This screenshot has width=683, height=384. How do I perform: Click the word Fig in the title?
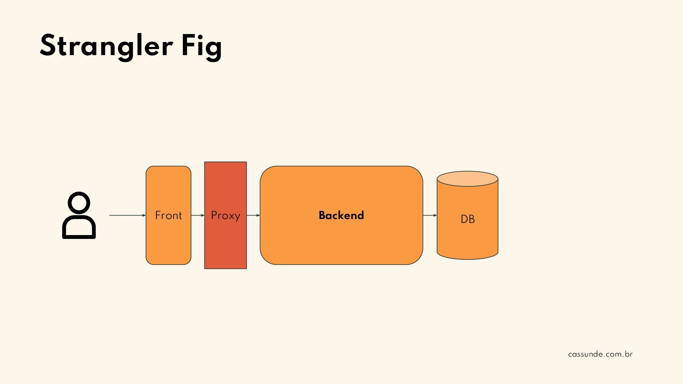(202, 46)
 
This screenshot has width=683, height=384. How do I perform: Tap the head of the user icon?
(79, 203)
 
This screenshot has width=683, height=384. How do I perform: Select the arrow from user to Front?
(126, 215)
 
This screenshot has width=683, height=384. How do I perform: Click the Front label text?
(168, 215)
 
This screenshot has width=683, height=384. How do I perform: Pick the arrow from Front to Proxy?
(197, 215)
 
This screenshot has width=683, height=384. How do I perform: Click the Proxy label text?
(226, 215)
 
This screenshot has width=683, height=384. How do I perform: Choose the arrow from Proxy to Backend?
(253, 215)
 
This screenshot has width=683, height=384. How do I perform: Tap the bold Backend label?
(341, 215)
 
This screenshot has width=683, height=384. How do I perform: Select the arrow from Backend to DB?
(429, 215)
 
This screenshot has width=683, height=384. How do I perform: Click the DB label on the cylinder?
(467, 219)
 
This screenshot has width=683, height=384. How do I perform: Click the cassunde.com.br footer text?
(600, 354)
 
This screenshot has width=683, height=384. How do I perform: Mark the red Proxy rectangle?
(226, 245)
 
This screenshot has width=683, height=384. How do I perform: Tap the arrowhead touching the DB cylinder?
(435, 215)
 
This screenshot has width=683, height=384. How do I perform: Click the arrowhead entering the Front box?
(144, 215)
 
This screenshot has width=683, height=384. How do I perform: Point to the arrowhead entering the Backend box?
(258, 215)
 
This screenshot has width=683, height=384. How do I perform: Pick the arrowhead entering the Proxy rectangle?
(203, 215)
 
